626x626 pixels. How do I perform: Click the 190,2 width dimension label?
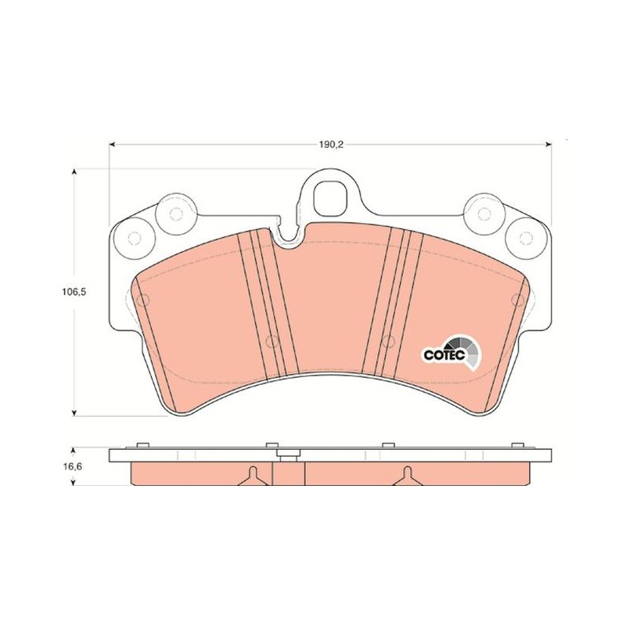(331, 145)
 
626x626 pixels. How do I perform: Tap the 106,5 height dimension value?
(74, 291)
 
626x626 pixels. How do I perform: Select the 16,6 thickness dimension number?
(74, 466)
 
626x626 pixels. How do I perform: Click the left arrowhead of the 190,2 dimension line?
(112, 145)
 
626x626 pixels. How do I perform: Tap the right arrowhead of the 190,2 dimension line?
(549, 145)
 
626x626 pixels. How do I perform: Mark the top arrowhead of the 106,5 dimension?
(74, 172)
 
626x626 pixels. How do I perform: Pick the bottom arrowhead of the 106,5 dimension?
(74, 412)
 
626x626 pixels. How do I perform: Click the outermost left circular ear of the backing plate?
(134, 239)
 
